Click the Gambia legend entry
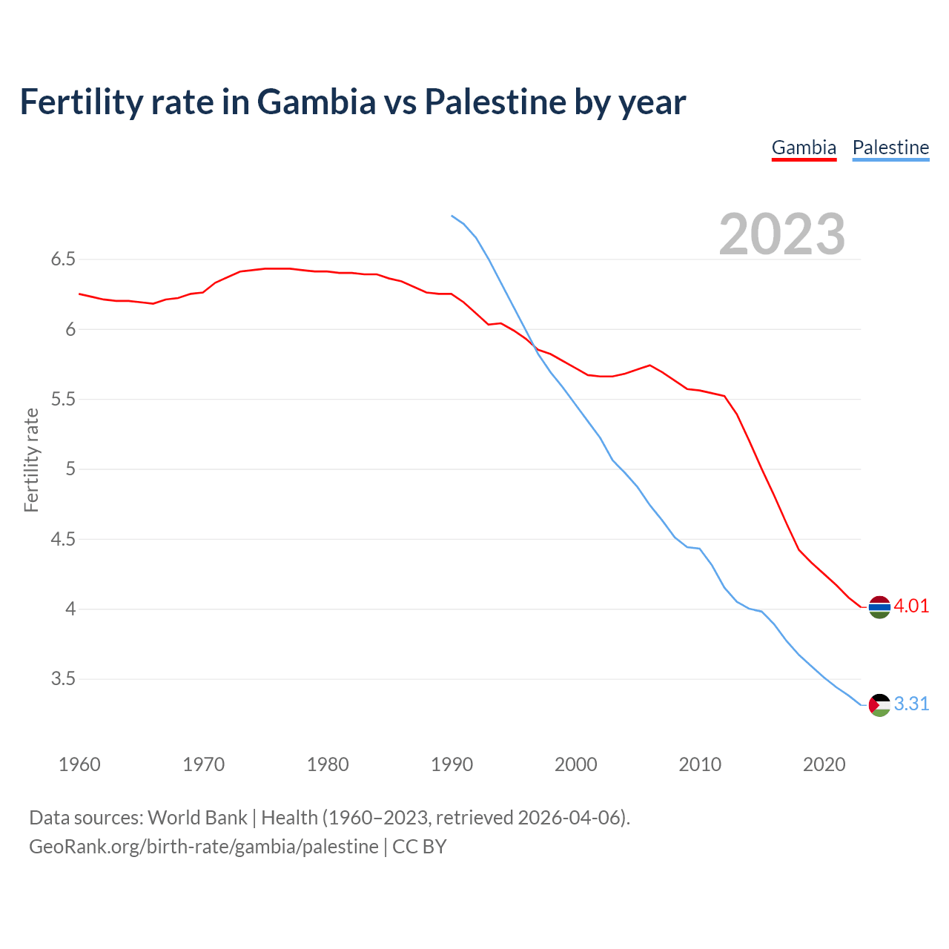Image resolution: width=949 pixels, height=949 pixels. [804, 148]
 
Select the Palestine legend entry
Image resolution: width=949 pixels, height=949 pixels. [890, 148]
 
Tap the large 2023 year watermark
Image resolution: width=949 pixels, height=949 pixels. [781, 234]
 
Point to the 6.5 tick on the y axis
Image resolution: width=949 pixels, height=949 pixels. [63, 259]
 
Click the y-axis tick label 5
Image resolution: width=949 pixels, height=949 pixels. [70, 469]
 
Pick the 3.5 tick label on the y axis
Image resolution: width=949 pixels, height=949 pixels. [63, 679]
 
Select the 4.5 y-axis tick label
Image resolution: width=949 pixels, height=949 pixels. [63, 539]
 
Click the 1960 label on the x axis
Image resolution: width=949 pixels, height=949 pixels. [79, 764]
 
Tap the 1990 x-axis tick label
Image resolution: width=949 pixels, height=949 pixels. [452, 764]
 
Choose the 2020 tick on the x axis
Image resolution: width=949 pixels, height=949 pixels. [824, 764]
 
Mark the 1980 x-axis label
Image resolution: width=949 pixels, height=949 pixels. [328, 764]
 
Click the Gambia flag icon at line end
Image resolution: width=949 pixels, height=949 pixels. [879, 606]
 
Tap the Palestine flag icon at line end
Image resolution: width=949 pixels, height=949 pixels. [879, 704]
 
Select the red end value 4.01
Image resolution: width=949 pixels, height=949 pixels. [911, 606]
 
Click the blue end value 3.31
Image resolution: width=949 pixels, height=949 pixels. [911, 704]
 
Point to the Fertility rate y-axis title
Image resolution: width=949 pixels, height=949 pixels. [31, 460]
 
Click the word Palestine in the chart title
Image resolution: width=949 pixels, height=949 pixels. [495, 102]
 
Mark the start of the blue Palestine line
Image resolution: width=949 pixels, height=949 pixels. [452, 216]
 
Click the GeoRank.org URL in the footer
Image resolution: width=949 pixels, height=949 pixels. [204, 847]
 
